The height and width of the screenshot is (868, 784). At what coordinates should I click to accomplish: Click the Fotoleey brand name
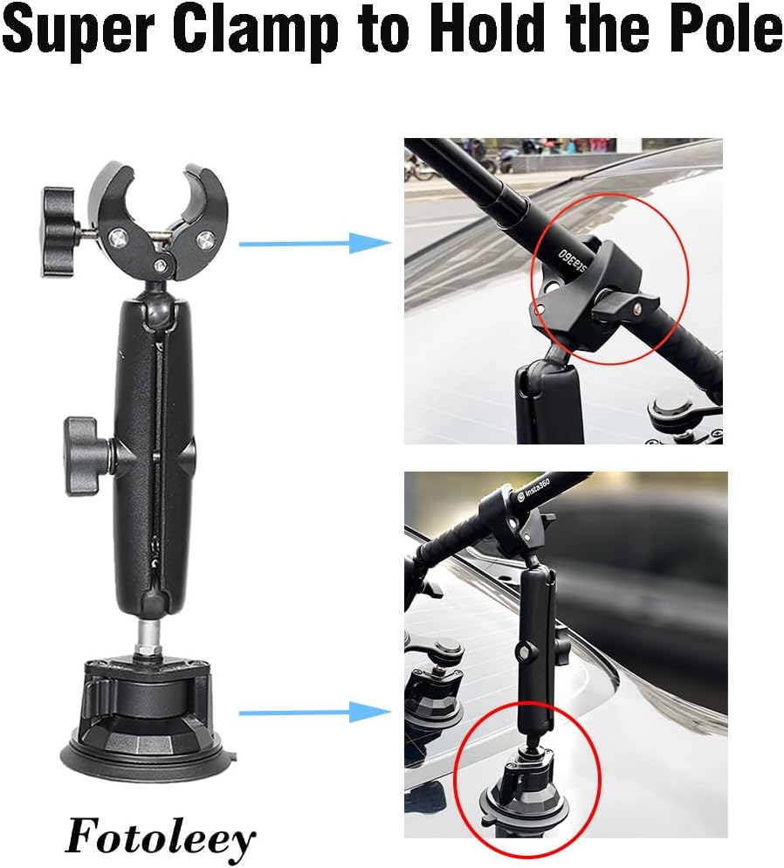[x=161, y=837]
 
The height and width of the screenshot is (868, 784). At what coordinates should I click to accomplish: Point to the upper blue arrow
[x=315, y=243]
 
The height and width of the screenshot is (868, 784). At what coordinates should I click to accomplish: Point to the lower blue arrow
[x=315, y=712]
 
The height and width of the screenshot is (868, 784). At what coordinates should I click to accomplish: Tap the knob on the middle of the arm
[x=88, y=456]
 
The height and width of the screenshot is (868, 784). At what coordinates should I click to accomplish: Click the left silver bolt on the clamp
[x=119, y=238]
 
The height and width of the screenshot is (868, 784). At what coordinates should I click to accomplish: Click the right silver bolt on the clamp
[x=203, y=239]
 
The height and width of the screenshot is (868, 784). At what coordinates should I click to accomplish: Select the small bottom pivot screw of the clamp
[x=161, y=265]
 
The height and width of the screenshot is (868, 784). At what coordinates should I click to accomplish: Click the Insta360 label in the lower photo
[x=534, y=490]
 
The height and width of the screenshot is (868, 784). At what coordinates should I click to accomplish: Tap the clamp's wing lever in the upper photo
[x=626, y=306]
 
